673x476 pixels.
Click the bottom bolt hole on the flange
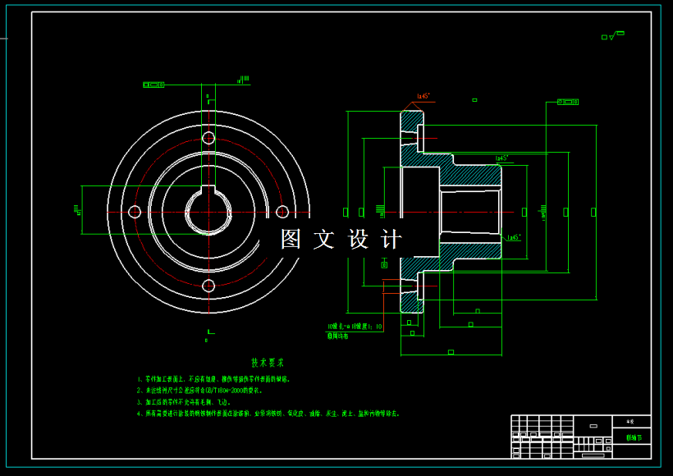point(208,286)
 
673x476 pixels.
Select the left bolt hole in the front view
point(135,212)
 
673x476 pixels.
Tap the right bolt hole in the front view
point(282,212)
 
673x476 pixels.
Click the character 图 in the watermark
point(291,240)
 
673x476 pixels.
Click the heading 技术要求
point(268,362)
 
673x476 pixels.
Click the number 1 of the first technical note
point(140,380)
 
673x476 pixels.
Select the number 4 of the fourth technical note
point(140,414)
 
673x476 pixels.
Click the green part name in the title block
point(635,438)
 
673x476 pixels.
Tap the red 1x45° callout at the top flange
point(423,97)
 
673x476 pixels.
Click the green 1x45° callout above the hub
point(501,158)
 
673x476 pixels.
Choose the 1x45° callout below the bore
point(514,238)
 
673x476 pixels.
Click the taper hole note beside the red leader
point(355,327)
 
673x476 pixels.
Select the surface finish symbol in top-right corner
point(613,35)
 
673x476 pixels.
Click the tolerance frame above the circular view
point(153,85)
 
